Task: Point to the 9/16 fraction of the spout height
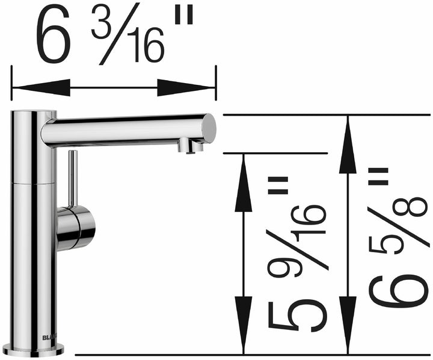298,235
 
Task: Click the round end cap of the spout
208,128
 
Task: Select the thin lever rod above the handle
72,178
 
